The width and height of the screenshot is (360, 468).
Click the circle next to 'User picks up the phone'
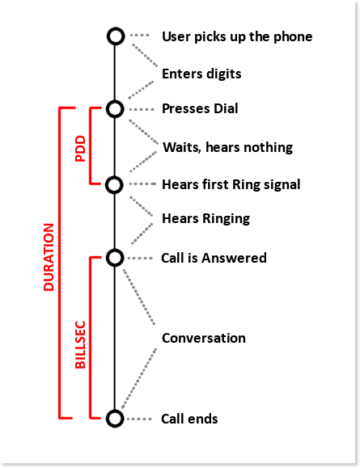coord(116,28)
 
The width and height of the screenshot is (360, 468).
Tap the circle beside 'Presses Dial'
coord(115,101)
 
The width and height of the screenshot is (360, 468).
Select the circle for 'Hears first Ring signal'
coord(114,177)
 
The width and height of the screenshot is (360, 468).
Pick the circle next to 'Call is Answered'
coord(115,250)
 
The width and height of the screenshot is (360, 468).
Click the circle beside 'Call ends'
coord(115,411)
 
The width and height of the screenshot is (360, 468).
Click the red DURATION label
coord(49,257)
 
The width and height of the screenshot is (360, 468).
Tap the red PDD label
coord(80,149)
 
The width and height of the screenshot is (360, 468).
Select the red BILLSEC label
coord(80,344)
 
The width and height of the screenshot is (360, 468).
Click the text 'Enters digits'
coord(201,74)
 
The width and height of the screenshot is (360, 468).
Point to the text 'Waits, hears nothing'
coord(227,147)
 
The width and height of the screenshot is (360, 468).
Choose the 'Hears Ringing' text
coord(205,219)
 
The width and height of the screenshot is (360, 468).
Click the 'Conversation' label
coord(204,338)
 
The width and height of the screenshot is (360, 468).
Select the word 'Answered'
coord(234,258)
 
